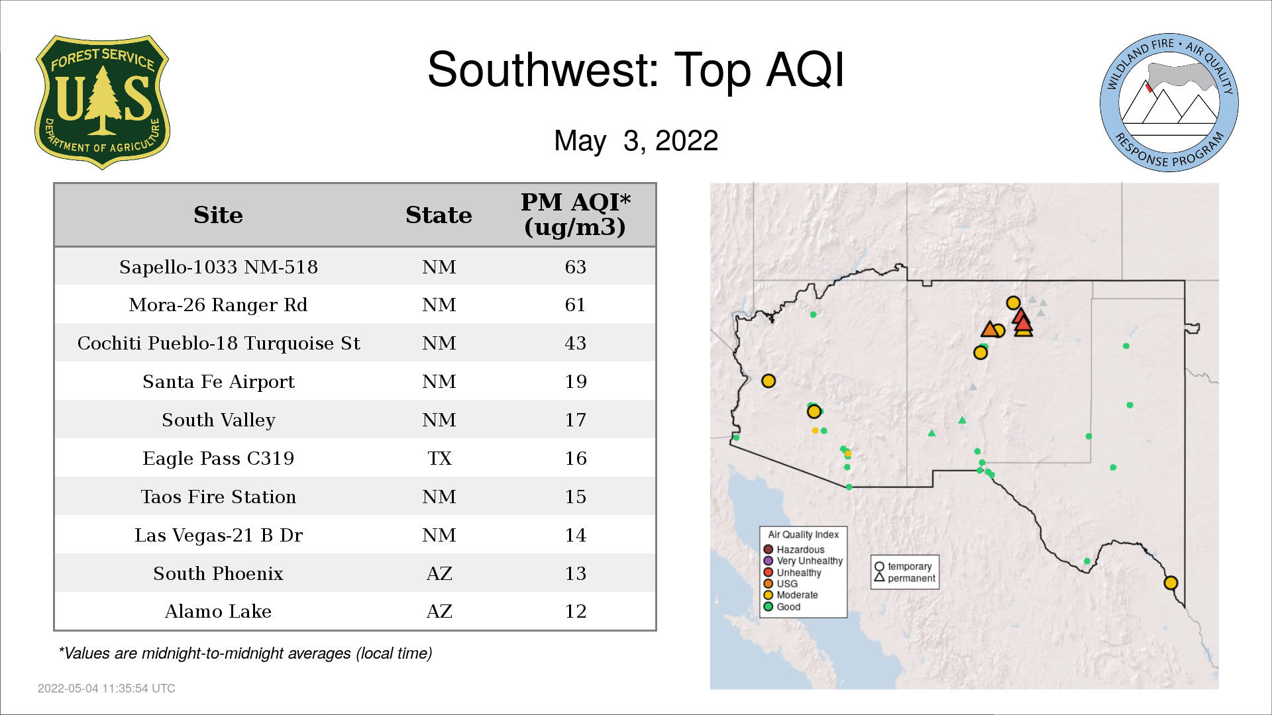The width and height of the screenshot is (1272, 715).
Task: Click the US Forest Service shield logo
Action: tap(102, 103)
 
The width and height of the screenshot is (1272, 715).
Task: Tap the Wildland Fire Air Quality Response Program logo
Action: tap(1169, 103)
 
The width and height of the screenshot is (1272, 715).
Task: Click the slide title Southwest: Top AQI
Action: tap(636, 70)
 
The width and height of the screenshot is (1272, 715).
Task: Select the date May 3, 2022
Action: tap(636, 140)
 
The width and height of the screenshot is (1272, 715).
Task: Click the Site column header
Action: tap(218, 215)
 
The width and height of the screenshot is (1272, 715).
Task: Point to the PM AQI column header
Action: tap(575, 215)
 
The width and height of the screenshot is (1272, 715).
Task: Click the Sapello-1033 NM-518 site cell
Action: tap(219, 267)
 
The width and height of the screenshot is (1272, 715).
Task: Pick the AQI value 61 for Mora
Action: tap(575, 305)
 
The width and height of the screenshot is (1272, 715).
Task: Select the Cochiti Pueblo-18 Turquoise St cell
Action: tap(219, 343)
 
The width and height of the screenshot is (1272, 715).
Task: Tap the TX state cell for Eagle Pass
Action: tap(439, 458)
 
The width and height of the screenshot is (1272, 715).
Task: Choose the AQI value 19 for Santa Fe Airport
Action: tap(576, 381)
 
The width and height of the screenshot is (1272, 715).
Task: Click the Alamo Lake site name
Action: tap(218, 611)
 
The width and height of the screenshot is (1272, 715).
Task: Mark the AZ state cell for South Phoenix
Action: tap(439, 573)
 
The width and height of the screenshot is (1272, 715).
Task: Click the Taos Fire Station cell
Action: tap(219, 497)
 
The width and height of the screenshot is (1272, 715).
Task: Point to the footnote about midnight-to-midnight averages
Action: tap(245, 653)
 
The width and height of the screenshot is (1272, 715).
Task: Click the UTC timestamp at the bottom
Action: tap(107, 689)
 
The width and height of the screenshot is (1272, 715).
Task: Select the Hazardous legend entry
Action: tap(794, 549)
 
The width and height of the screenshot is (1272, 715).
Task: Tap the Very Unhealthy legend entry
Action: tap(803, 561)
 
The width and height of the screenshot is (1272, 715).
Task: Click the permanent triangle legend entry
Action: tap(905, 578)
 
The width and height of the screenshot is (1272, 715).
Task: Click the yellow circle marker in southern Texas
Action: tap(1171, 583)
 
